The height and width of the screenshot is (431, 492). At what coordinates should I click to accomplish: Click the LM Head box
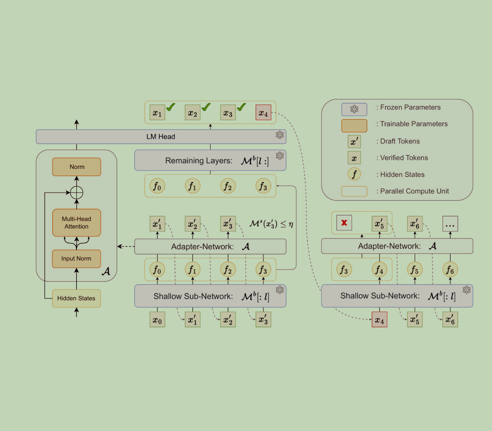pos(161,137)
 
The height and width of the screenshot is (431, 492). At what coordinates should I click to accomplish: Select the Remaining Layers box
pos(210,161)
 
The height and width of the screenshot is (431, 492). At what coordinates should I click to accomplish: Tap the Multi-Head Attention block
pos(76,223)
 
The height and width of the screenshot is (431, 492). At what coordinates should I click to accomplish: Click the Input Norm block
pos(76,259)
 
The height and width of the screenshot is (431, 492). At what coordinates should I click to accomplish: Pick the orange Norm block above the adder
pos(76,167)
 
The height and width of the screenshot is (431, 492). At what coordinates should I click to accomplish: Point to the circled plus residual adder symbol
pos(76,193)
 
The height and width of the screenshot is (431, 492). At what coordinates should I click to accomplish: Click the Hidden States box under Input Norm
pos(76,298)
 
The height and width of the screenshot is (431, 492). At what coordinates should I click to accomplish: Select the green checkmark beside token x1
pos(170,107)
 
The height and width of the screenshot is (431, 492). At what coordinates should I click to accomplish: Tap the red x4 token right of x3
pos(263,113)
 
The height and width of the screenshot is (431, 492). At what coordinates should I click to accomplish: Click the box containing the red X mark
pos(344,223)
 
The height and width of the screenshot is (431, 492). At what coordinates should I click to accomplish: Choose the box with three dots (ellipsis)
pos(450,224)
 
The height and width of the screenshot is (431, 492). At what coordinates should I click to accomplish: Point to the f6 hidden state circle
pos(450,270)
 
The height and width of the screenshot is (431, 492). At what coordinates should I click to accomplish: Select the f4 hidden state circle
pos(379,270)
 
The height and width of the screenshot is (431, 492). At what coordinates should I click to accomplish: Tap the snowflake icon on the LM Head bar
pos(279,135)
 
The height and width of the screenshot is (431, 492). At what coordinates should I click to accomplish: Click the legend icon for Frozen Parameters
pos(354,109)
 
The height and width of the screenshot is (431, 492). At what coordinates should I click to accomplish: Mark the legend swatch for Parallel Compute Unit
pos(354,191)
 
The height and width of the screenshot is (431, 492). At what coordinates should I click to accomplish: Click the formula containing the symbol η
pos(271,224)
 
